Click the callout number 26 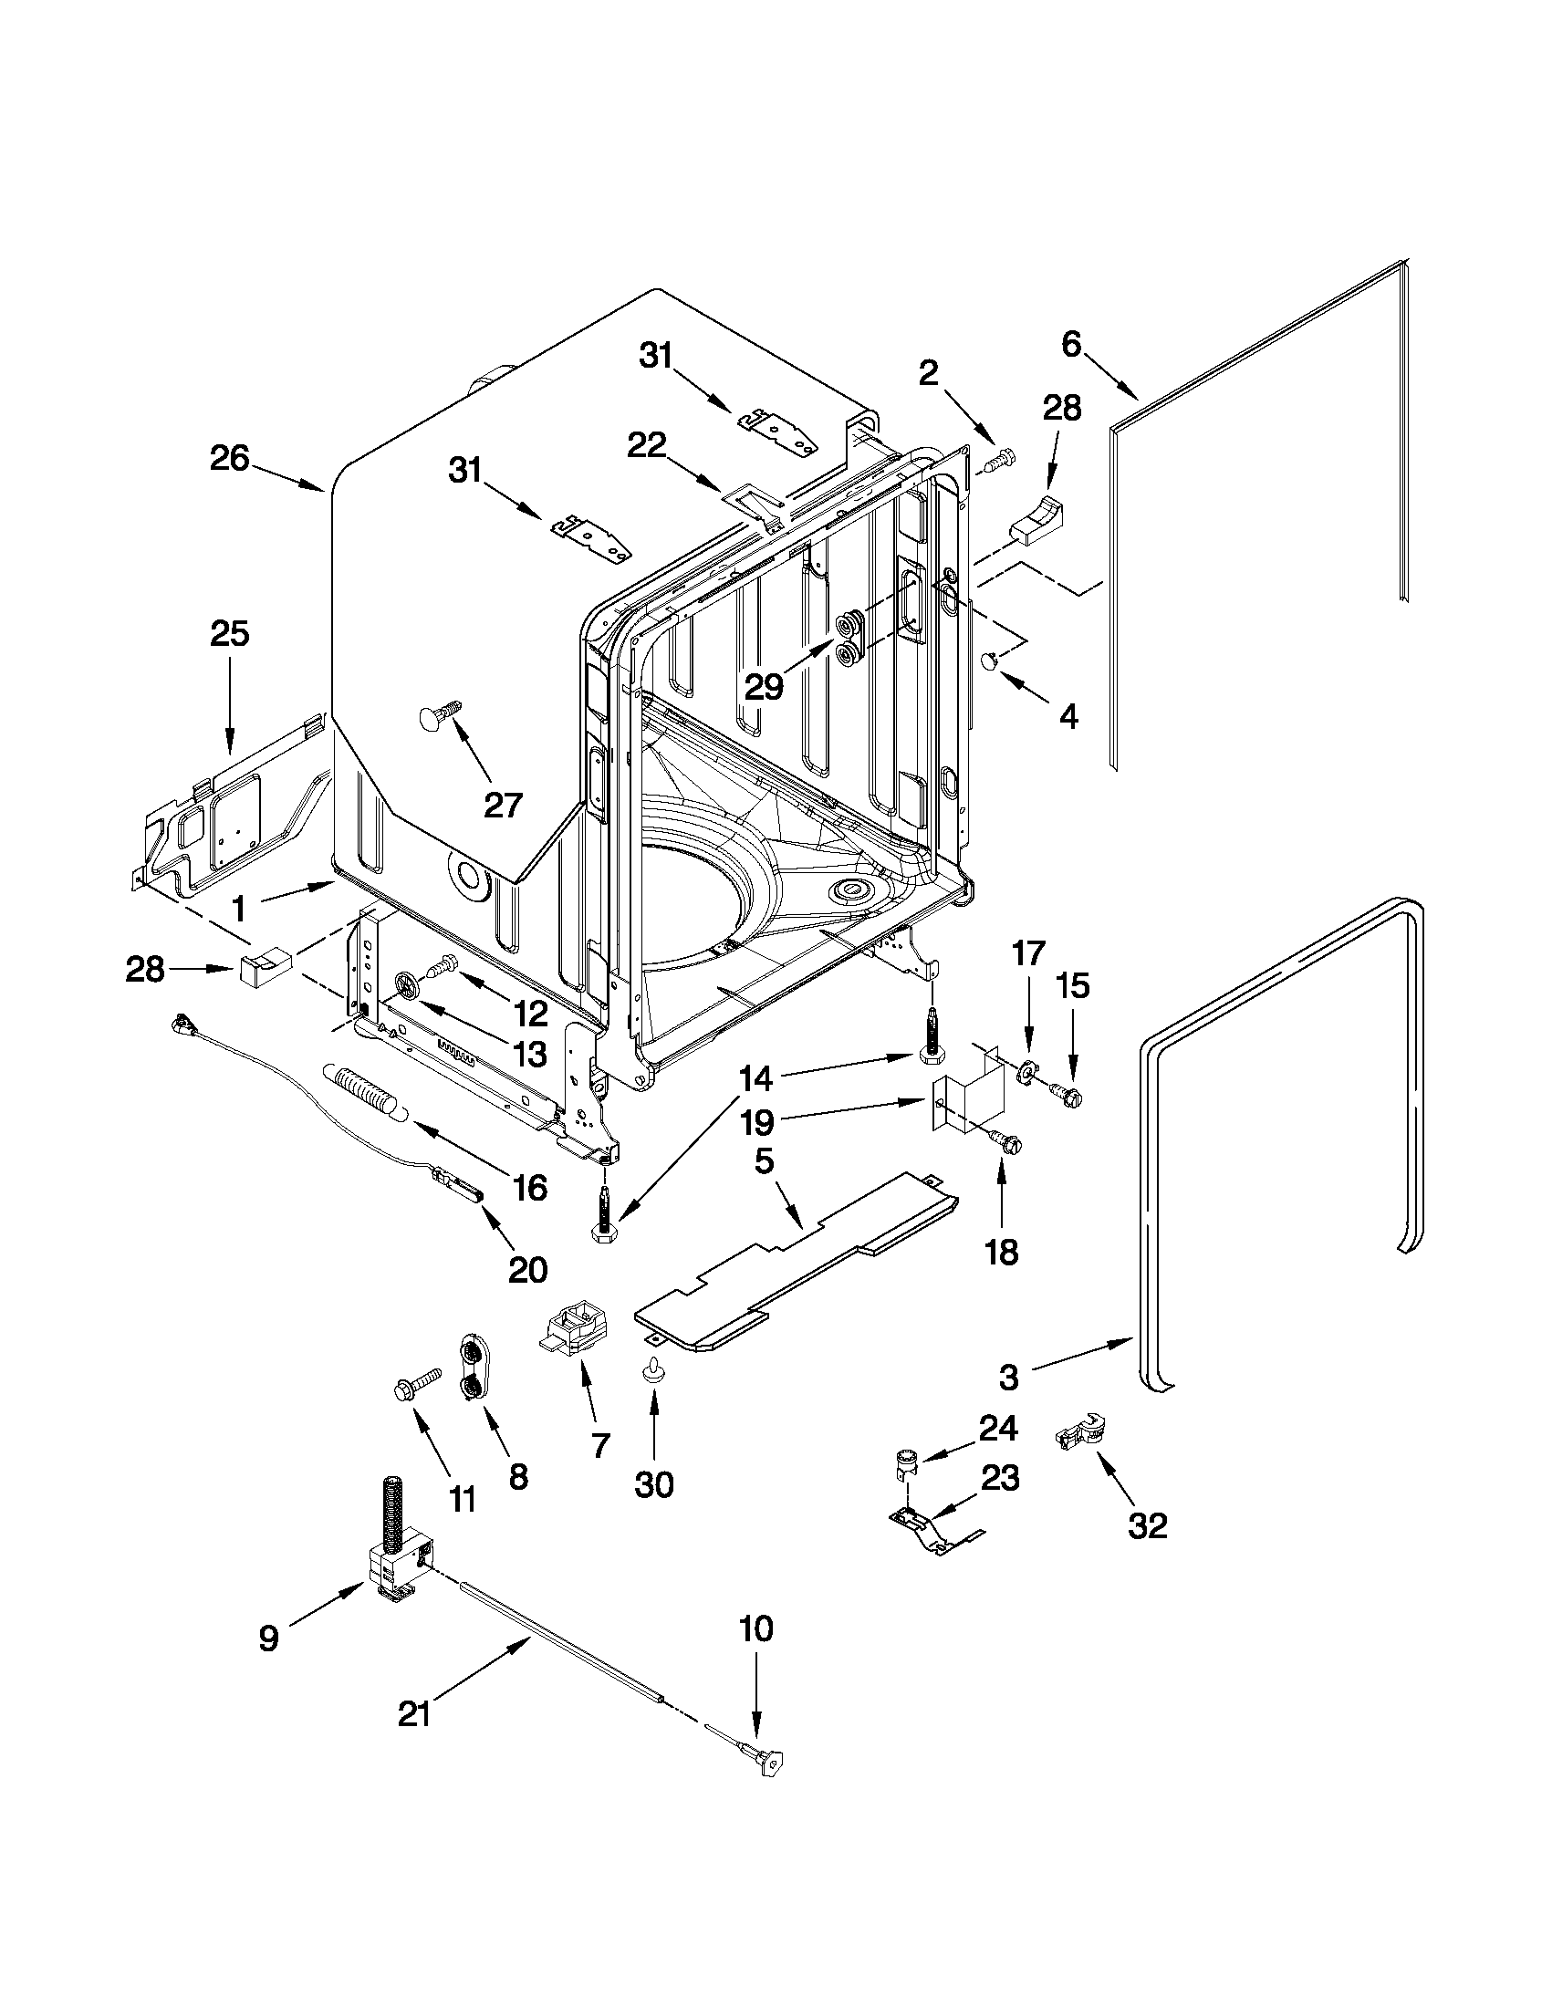click(229, 458)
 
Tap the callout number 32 click(1147, 1525)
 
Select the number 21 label click(415, 1714)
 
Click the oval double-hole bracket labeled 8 click(473, 1370)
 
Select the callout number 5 click(764, 1162)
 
